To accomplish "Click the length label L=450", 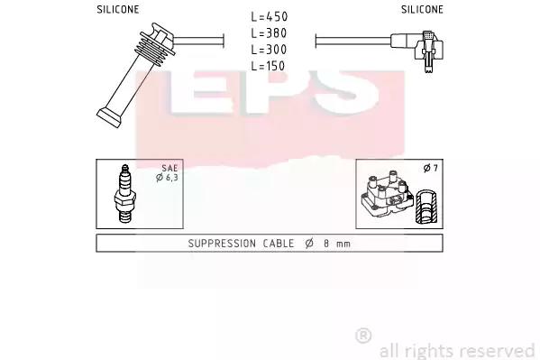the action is tap(269, 16).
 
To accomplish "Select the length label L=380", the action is tap(269, 33).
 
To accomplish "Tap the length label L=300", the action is tap(269, 50).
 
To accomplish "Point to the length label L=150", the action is tap(268, 66).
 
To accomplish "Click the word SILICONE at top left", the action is tap(118, 10).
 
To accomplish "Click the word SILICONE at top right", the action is tap(422, 10).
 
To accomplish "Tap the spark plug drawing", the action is tap(125, 193).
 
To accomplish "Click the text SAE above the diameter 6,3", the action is tap(169, 169).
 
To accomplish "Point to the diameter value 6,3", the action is tap(171, 178).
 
